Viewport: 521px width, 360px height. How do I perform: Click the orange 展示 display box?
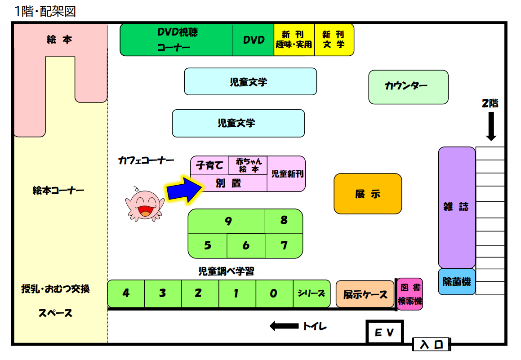(368, 194)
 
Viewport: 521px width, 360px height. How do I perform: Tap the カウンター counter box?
(408, 87)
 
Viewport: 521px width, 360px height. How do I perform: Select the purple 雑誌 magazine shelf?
(457, 207)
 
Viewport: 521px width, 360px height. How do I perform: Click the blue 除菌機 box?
(457, 282)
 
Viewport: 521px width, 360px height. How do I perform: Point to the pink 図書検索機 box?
(410, 294)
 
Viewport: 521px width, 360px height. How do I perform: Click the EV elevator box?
(385, 333)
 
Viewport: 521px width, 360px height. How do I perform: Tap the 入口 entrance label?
(432, 345)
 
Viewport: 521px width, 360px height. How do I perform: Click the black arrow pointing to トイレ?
(284, 326)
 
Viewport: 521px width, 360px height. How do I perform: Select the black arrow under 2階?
(491, 126)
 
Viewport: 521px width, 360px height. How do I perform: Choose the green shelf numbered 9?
(227, 221)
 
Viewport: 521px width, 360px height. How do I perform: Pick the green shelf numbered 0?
(274, 293)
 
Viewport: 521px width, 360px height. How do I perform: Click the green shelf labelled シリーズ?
(311, 293)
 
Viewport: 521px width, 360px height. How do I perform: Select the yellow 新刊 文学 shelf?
(334, 40)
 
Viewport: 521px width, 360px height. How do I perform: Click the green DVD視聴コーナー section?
(177, 40)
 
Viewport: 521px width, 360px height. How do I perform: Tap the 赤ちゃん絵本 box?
(248, 165)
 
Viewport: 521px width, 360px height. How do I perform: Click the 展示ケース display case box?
(365, 294)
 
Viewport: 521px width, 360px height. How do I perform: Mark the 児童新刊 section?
(286, 173)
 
